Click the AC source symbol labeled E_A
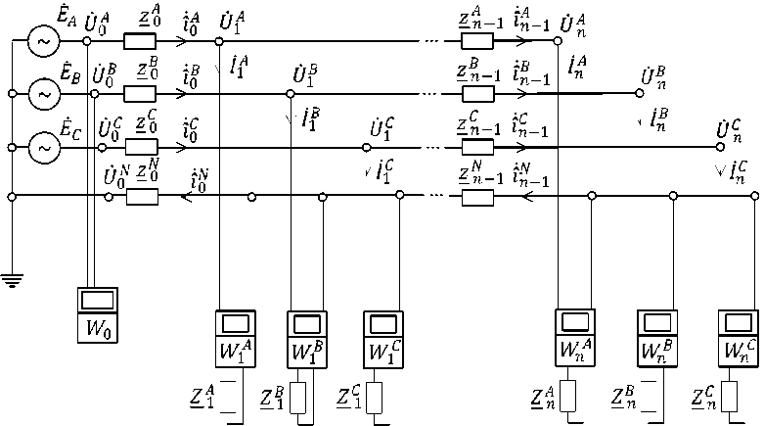point(43,42)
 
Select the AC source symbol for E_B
point(43,94)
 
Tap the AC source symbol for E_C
point(43,147)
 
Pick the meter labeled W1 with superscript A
point(235,338)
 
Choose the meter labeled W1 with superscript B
point(307,338)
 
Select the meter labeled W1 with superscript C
point(382,338)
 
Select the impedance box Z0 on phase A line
point(142,42)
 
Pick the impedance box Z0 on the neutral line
point(142,198)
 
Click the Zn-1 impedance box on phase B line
point(476,94)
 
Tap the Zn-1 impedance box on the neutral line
point(476,198)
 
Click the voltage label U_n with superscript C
point(729,130)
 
